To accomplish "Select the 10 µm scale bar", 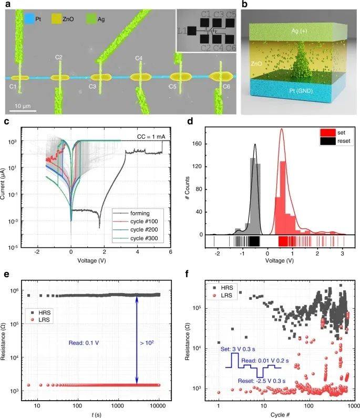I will (x=23, y=111).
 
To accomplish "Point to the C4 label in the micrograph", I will (x=139, y=58).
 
